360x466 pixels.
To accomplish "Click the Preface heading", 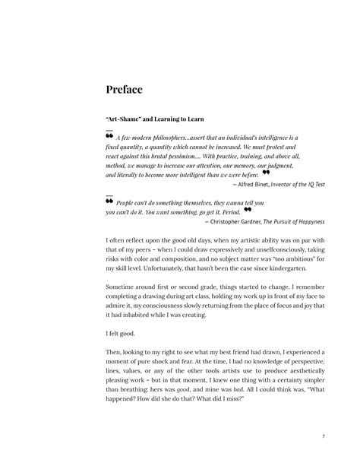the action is click(125, 90).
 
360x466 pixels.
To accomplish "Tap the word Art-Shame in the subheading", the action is click(125, 119).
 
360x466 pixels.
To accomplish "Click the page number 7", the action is click(324, 436).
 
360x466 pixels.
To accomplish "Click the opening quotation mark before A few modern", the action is click(110, 135).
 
